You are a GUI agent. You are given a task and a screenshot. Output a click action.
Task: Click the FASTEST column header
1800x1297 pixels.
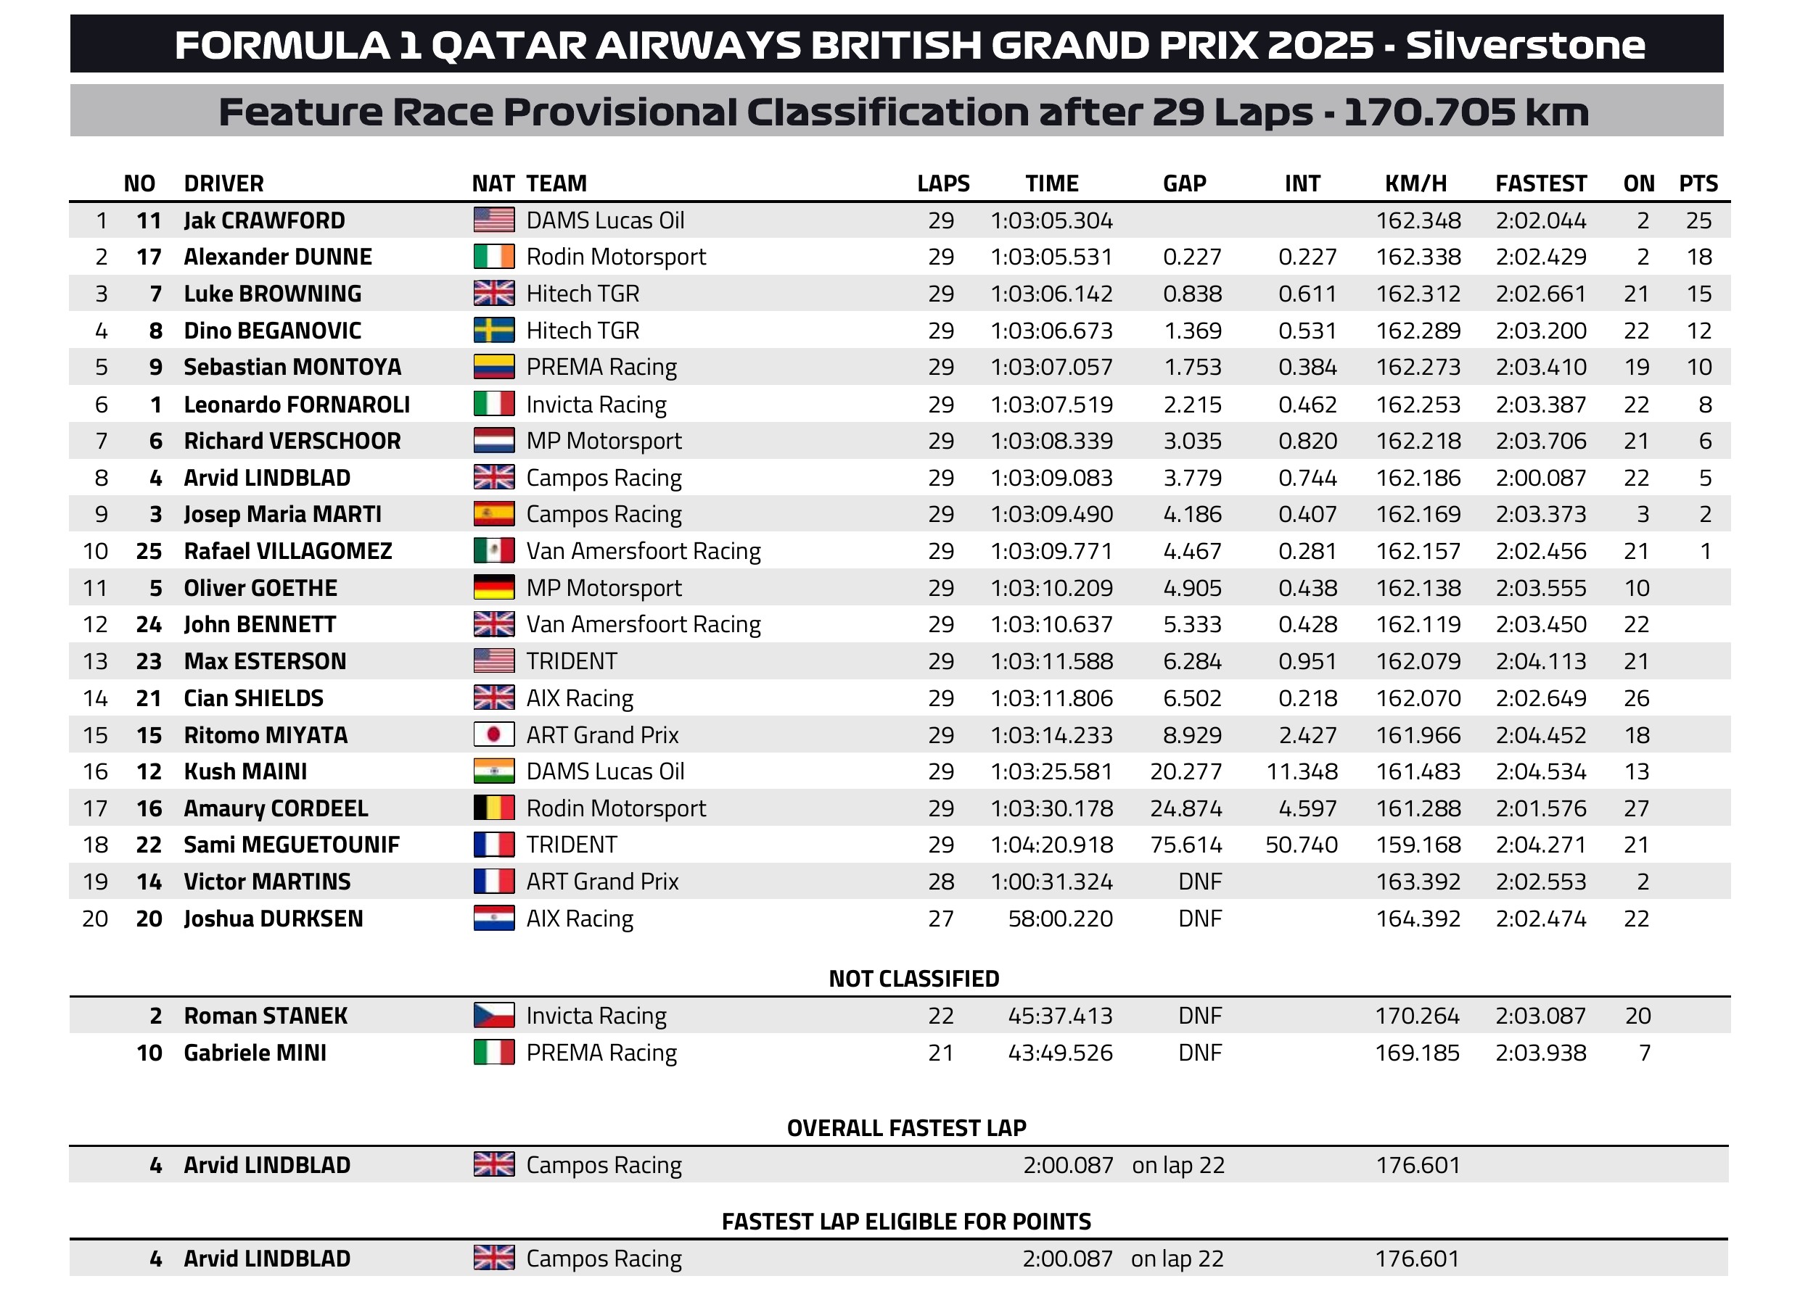click(1540, 183)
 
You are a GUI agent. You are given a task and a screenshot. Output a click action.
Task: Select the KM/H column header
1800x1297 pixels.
click(1416, 183)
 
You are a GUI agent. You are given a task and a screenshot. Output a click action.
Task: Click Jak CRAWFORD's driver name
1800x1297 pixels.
click(264, 220)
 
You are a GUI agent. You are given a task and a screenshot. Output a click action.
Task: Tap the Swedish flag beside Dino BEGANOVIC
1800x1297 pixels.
click(493, 330)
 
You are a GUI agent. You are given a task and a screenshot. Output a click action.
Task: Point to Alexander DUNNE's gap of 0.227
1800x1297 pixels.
click(1192, 257)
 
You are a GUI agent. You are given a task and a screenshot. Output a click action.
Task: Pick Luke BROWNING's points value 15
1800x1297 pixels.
click(1698, 294)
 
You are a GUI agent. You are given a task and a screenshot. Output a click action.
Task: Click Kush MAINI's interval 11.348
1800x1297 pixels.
click(1302, 772)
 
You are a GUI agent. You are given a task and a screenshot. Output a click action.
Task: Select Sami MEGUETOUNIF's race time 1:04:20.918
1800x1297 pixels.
click(1051, 845)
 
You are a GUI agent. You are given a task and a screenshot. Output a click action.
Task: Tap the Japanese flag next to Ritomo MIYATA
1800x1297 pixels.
click(493, 734)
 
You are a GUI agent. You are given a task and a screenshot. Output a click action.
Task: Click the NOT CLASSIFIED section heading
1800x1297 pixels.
click(913, 979)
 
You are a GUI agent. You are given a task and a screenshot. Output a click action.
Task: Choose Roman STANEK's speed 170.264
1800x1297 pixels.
click(1417, 1016)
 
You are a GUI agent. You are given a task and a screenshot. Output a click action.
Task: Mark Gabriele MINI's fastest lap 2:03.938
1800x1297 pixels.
click(1540, 1053)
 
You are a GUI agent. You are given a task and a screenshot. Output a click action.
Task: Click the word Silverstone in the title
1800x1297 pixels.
click(1526, 45)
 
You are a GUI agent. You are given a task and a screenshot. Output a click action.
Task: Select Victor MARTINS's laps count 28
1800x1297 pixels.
click(940, 882)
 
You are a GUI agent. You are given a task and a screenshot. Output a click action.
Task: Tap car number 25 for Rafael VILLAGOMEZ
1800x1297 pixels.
click(149, 551)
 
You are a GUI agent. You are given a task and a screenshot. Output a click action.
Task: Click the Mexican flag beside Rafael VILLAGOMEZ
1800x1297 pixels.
click(493, 550)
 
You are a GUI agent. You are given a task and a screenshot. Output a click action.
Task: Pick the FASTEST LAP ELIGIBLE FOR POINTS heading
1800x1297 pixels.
click(906, 1222)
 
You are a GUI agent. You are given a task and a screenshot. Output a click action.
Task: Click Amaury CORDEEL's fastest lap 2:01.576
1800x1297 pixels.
click(1540, 808)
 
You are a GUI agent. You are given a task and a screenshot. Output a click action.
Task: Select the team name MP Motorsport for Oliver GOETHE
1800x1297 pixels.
click(604, 588)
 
